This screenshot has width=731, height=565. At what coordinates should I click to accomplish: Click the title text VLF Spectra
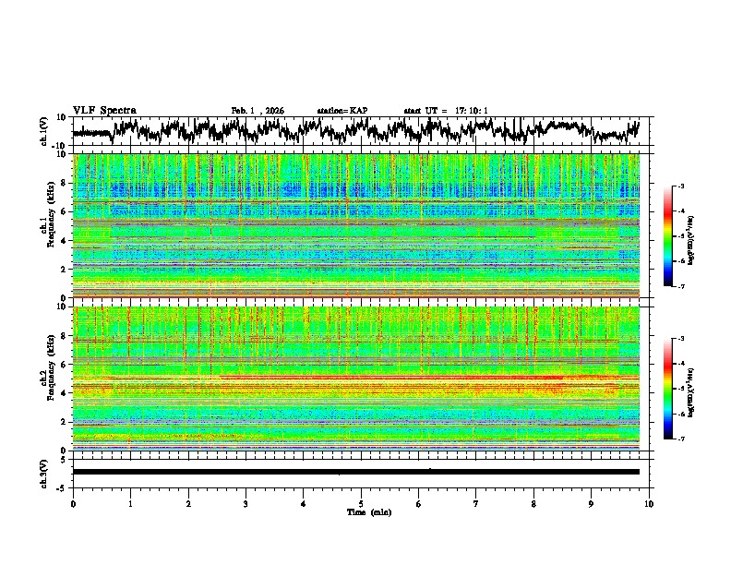104,110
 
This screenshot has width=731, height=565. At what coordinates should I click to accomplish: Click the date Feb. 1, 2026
257,111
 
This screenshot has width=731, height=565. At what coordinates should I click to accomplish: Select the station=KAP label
342,111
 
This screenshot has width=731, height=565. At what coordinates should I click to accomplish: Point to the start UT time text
446,111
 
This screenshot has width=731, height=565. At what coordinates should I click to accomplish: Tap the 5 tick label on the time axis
361,502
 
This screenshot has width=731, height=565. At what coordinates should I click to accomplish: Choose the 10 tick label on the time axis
649,502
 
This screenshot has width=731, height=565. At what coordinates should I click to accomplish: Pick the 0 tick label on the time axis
73,502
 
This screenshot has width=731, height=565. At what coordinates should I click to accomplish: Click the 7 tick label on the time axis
476,502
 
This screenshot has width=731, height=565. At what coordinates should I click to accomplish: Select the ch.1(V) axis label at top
44,131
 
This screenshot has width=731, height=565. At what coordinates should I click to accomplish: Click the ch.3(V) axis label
44,471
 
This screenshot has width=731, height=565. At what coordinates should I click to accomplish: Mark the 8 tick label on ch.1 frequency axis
64,183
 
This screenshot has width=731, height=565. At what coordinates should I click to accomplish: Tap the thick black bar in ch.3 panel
356,472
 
